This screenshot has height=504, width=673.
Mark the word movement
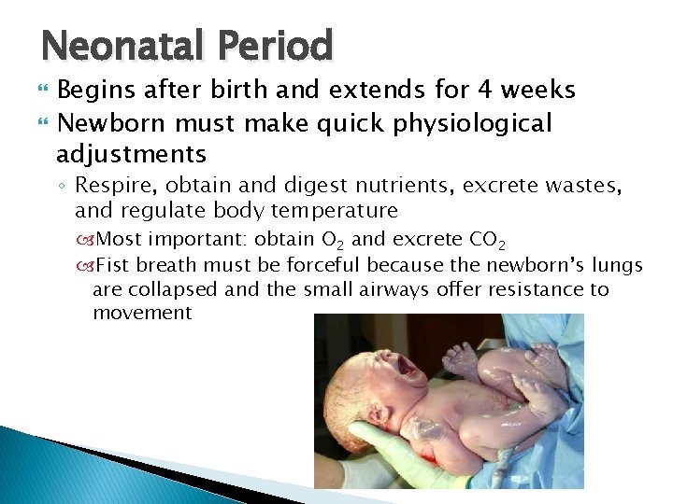click(x=142, y=313)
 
